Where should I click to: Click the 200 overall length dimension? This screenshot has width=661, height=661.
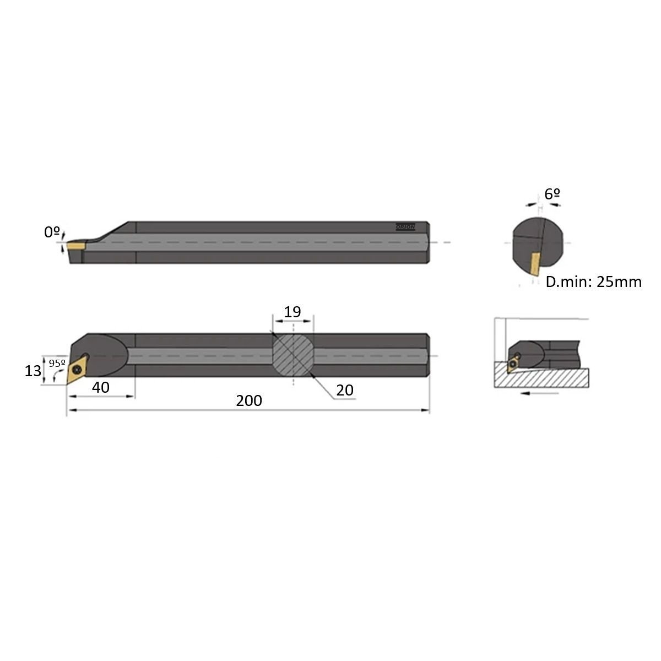click(x=248, y=400)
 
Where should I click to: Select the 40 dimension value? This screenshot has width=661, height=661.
click(x=100, y=388)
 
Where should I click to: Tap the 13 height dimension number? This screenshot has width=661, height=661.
click(x=33, y=371)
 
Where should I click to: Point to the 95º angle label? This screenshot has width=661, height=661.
click(x=57, y=363)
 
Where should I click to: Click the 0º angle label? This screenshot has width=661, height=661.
click(x=52, y=232)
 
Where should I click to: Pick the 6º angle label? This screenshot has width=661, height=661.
click(x=552, y=194)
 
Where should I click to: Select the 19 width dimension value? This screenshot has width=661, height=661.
click(x=292, y=312)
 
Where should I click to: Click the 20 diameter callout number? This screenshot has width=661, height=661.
click(x=344, y=391)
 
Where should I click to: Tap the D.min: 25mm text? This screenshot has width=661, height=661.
click(x=593, y=282)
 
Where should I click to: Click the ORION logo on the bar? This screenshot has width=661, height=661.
click(x=405, y=227)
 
